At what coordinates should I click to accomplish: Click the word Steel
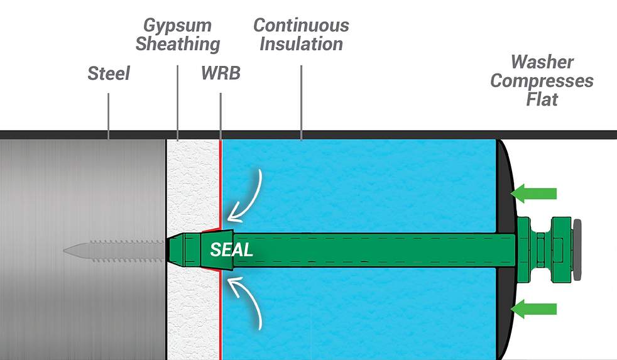tap(109, 74)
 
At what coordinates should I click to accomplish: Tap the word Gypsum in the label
tap(177, 26)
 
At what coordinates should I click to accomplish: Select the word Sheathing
tap(178, 45)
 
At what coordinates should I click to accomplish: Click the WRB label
tap(221, 74)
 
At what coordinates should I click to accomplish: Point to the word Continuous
tap(301, 26)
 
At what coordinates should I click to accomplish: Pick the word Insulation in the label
tap(301, 45)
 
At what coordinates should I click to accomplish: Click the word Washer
tap(542, 62)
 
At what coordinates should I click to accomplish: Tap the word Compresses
tap(542, 81)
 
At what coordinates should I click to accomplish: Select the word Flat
tap(542, 99)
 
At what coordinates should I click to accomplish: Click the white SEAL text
tap(231, 250)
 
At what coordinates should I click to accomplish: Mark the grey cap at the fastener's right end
tap(577, 250)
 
